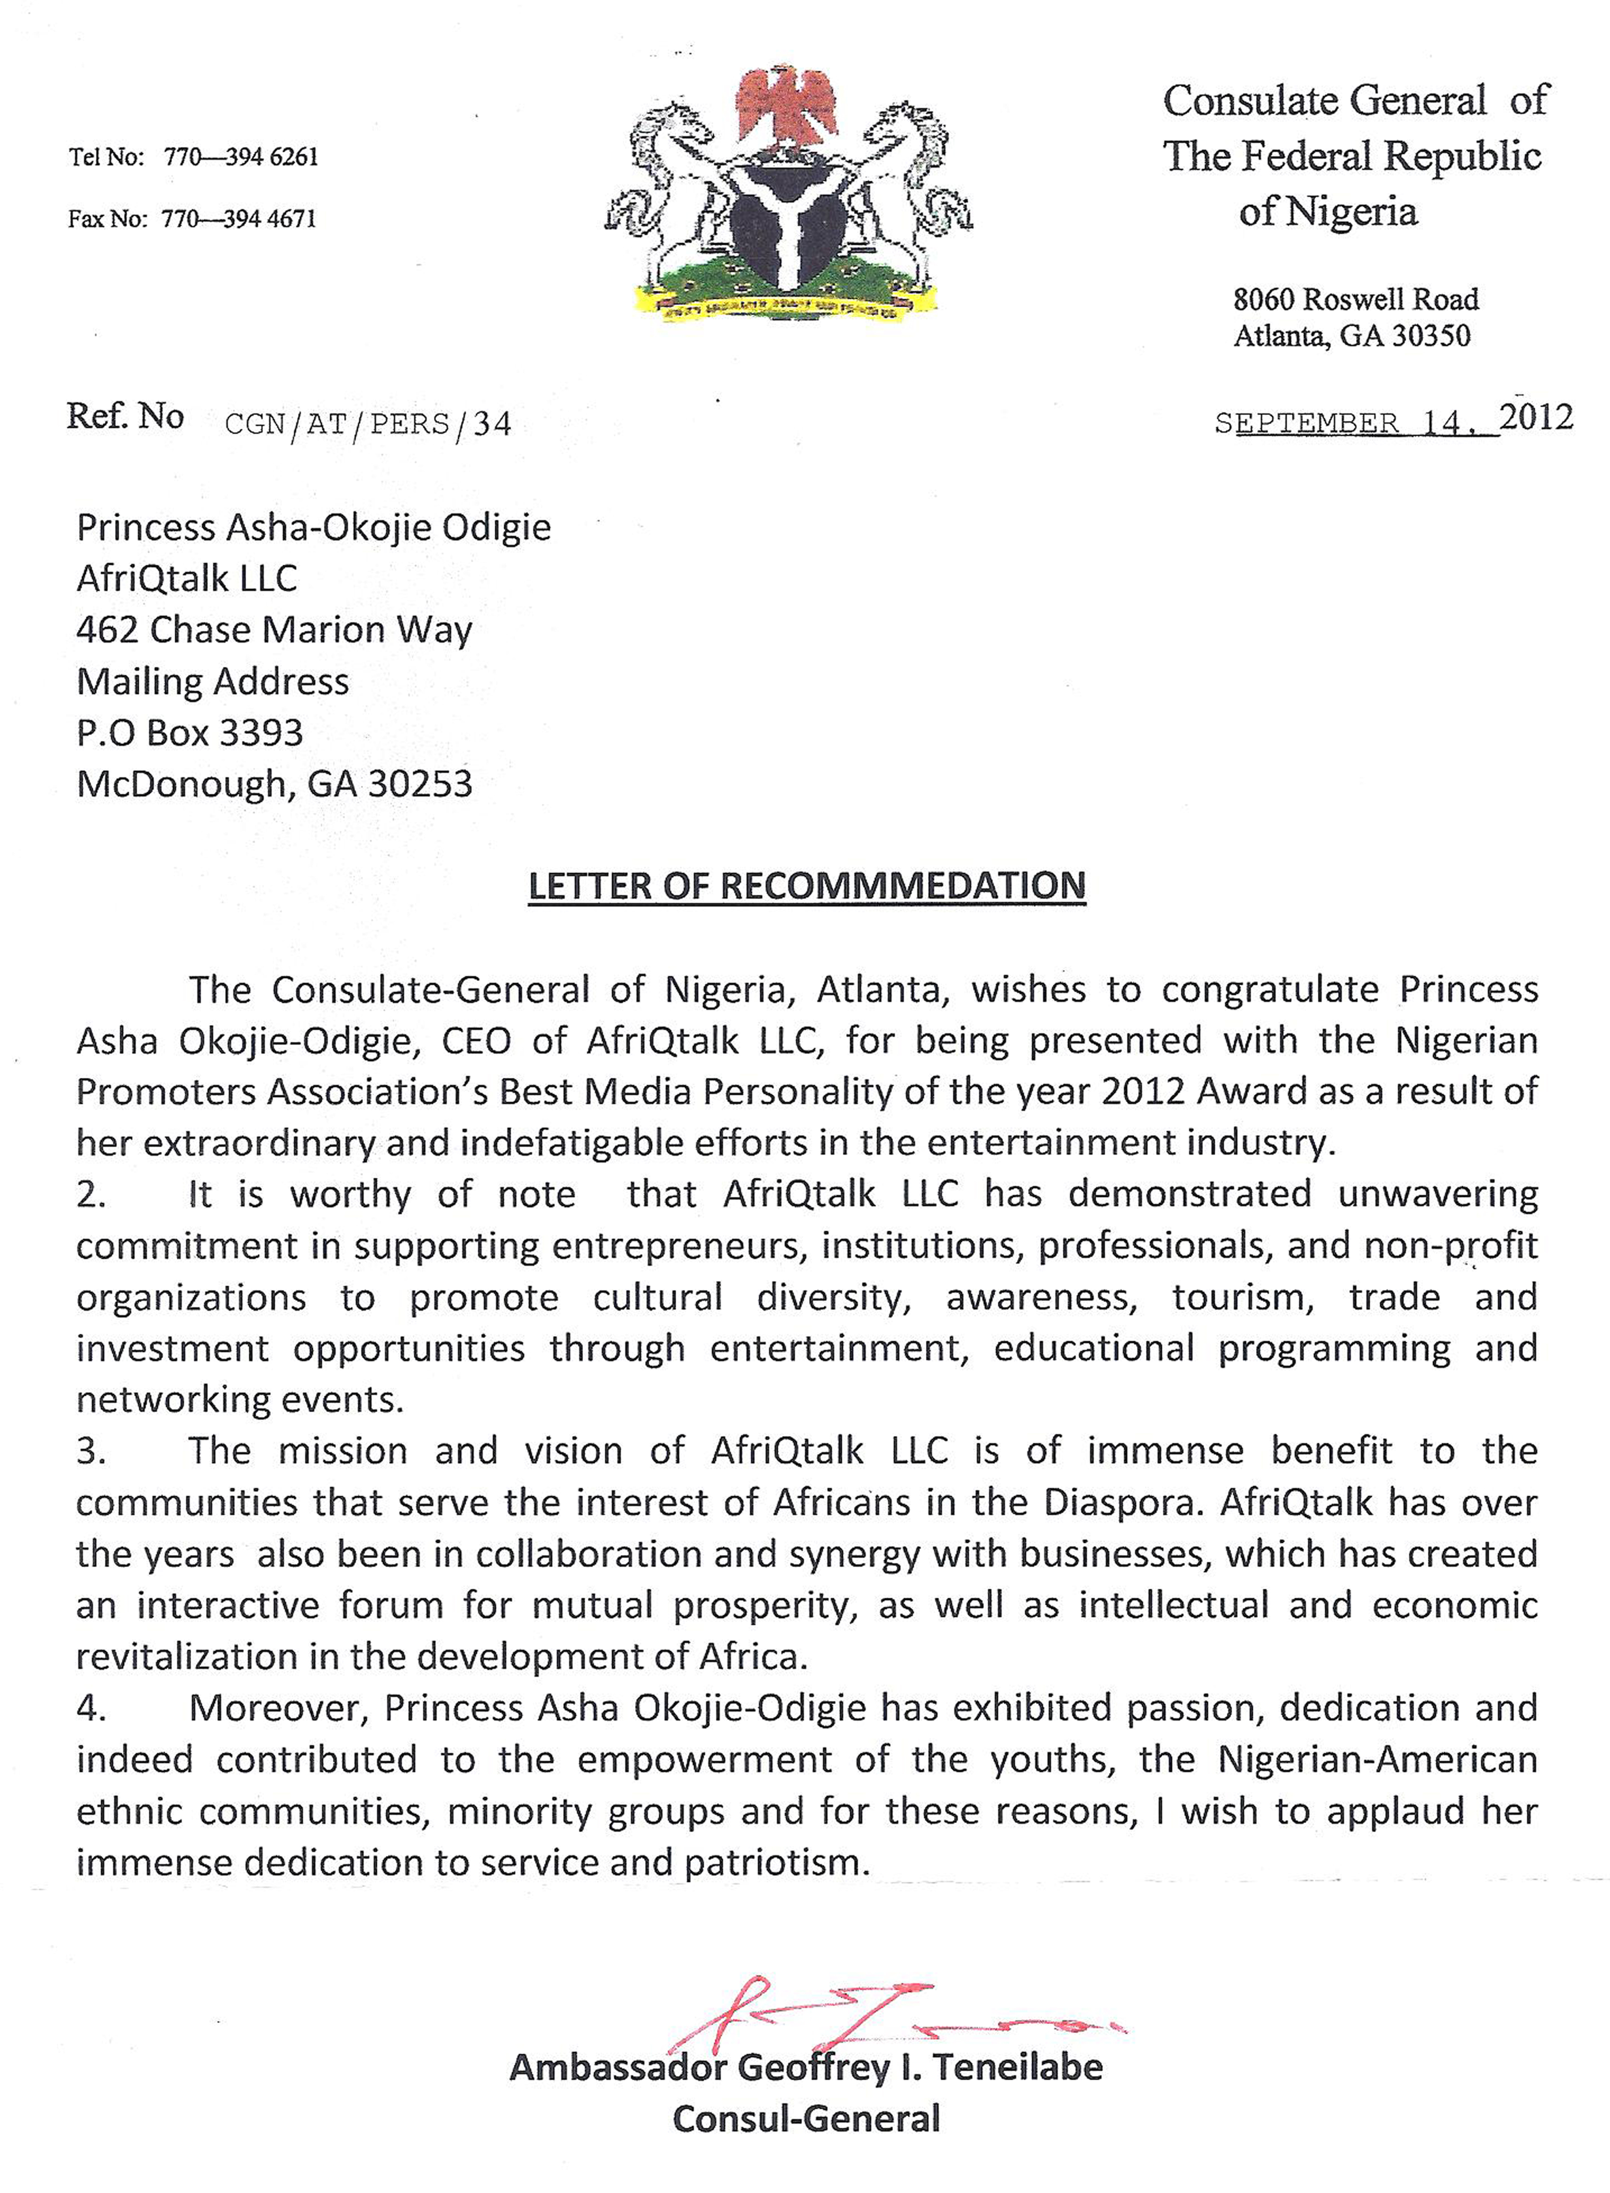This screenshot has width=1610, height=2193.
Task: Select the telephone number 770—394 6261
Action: click(x=241, y=157)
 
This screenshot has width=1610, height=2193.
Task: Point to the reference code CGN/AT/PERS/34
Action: click(x=367, y=424)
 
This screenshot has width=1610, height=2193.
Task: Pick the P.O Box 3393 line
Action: click(x=190, y=733)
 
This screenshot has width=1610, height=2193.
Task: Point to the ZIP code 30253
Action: click(x=419, y=784)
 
